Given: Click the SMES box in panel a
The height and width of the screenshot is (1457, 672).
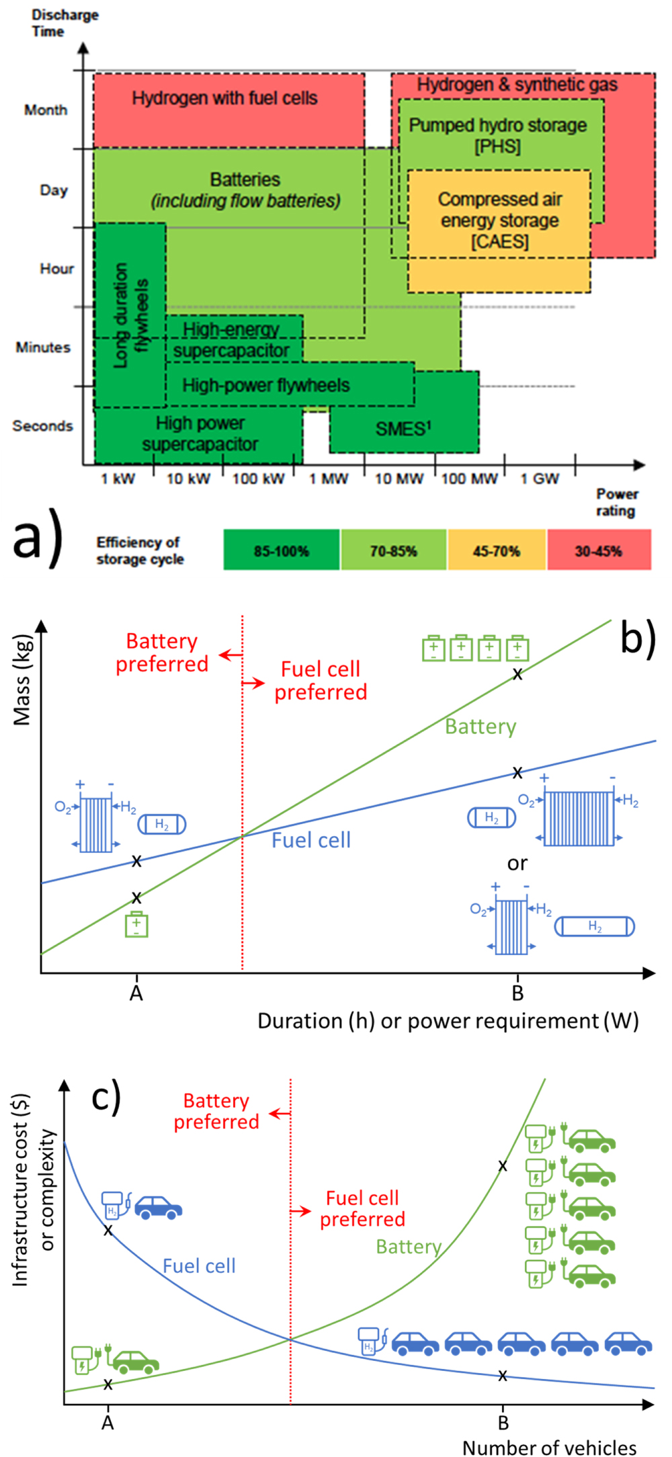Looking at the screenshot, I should [403, 428].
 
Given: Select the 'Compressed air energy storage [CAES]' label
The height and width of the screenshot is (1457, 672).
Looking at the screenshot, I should [499, 220].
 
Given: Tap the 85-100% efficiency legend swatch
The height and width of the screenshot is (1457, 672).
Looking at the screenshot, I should [281, 550].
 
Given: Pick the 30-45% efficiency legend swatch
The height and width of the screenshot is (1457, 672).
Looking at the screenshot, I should [599, 550].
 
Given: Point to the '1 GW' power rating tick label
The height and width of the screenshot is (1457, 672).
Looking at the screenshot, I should [540, 478].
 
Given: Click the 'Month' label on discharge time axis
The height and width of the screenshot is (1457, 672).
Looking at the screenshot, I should [46, 110].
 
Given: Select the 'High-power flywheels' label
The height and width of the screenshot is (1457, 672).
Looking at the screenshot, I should [266, 385].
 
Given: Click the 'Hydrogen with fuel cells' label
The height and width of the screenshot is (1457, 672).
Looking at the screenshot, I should [224, 98].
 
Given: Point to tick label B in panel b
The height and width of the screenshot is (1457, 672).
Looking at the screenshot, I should [517, 993].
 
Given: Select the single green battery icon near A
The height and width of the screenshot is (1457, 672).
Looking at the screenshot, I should [136, 925].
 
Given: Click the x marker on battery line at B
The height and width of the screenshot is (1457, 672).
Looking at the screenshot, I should [517, 674].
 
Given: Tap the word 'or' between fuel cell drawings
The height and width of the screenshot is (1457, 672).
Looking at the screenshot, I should [517, 863].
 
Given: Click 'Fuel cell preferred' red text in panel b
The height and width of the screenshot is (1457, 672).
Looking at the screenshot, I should [321, 680].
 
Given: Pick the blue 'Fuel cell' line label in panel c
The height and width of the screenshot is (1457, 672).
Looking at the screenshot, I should [199, 1266].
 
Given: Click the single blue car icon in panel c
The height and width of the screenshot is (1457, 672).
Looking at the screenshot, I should [159, 1207].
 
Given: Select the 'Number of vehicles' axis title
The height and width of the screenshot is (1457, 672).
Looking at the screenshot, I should [549, 1447].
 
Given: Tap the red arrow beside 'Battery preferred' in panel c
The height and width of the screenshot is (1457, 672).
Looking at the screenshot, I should [280, 1114].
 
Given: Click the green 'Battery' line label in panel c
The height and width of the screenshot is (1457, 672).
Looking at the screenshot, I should [409, 1247].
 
